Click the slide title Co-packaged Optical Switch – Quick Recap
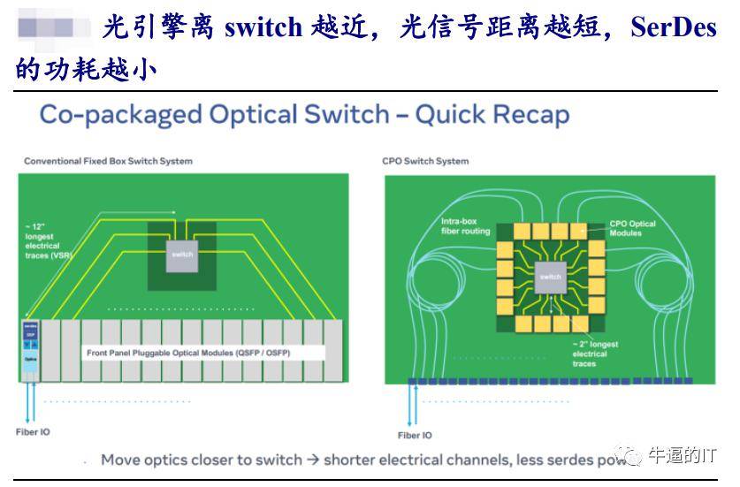click(304, 115)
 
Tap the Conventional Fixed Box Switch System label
click(108, 161)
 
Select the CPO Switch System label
click(425, 161)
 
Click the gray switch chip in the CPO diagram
click(550, 277)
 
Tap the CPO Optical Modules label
click(632, 228)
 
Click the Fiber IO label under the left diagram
click(33, 432)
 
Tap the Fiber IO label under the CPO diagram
click(415, 435)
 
